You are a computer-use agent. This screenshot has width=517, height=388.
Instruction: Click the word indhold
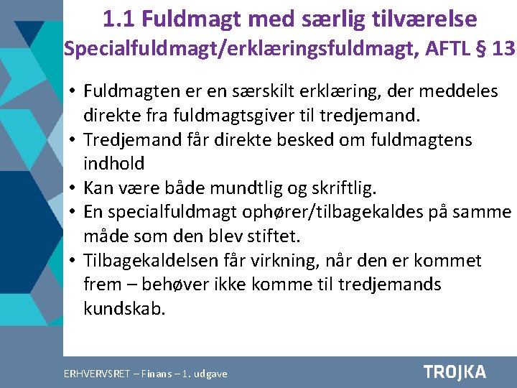tap(113, 163)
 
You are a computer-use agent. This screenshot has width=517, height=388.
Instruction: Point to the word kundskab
tap(124, 309)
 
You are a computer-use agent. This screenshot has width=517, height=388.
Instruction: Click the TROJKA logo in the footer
tap(455, 372)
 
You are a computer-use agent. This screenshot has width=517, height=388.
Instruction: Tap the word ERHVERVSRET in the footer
tap(97, 374)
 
